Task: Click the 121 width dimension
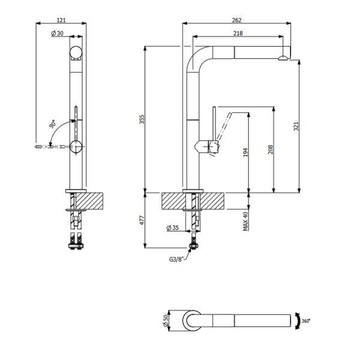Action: point(61,20)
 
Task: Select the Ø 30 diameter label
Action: point(58,34)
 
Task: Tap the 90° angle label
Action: point(53,125)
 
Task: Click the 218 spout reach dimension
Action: point(238,34)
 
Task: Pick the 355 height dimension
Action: point(142,120)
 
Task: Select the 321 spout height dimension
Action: point(296,127)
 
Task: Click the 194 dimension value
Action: point(245,154)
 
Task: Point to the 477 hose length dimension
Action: point(142,220)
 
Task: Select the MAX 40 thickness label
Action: point(245,222)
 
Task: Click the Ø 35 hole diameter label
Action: point(173,228)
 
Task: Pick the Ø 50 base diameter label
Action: point(164,320)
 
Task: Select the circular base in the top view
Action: point(193,320)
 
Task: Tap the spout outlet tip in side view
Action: point(283,58)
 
